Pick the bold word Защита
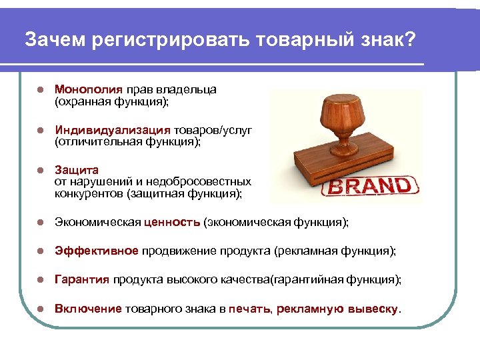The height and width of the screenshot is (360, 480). point(77,171)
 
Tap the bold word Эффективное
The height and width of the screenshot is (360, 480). point(97,251)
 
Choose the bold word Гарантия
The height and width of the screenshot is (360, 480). point(82,280)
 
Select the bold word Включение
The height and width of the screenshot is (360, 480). point(88,309)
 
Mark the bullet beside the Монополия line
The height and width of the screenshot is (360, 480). point(40,89)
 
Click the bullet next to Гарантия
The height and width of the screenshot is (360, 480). point(40,280)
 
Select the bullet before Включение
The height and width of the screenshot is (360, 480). point(40,309)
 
